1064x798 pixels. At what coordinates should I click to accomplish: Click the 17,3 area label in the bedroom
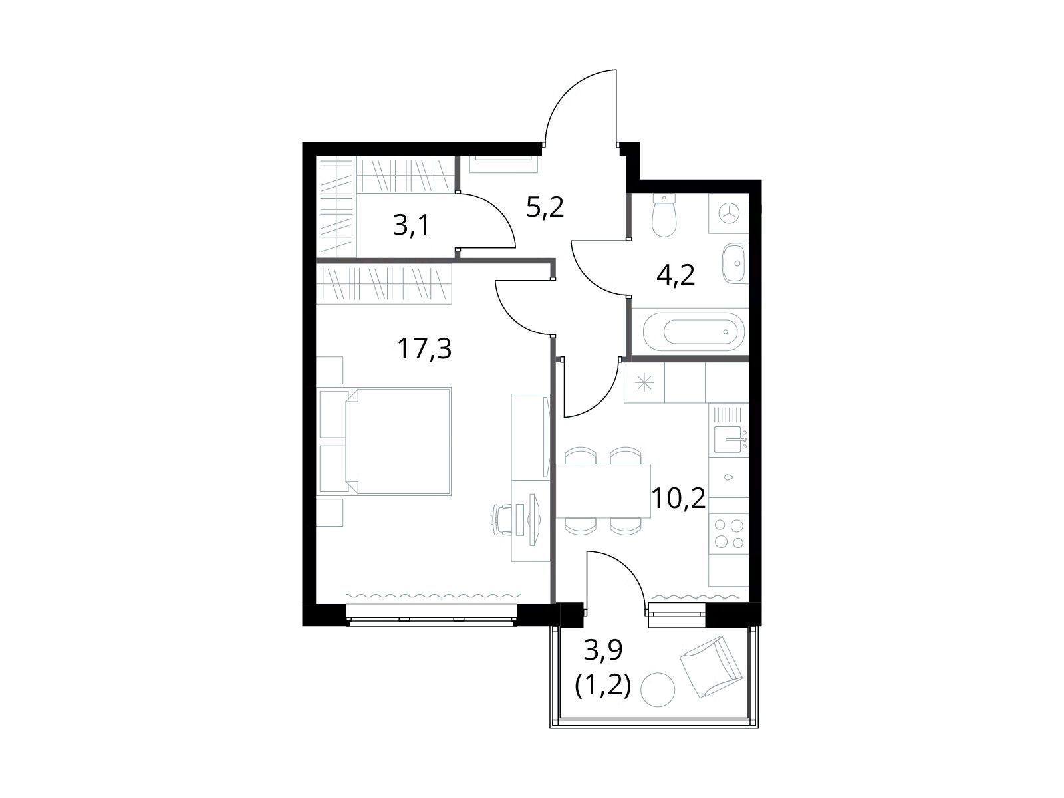pos(424,349)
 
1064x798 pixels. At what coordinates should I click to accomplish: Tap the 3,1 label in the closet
pos(411,225)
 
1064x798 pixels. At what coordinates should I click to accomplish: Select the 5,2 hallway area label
pos(545,208)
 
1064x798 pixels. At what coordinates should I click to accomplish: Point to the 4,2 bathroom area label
pos(676,275)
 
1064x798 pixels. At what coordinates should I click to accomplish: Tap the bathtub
pos(694,332)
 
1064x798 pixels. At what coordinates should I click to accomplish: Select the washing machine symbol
pos(729,213)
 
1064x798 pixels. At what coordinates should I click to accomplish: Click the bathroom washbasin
pos(736,263)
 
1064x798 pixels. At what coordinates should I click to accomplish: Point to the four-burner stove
pos(729,533)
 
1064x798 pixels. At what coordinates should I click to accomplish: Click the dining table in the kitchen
pos(603,490)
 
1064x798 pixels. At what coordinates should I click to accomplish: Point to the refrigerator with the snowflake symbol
pos(644,383)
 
